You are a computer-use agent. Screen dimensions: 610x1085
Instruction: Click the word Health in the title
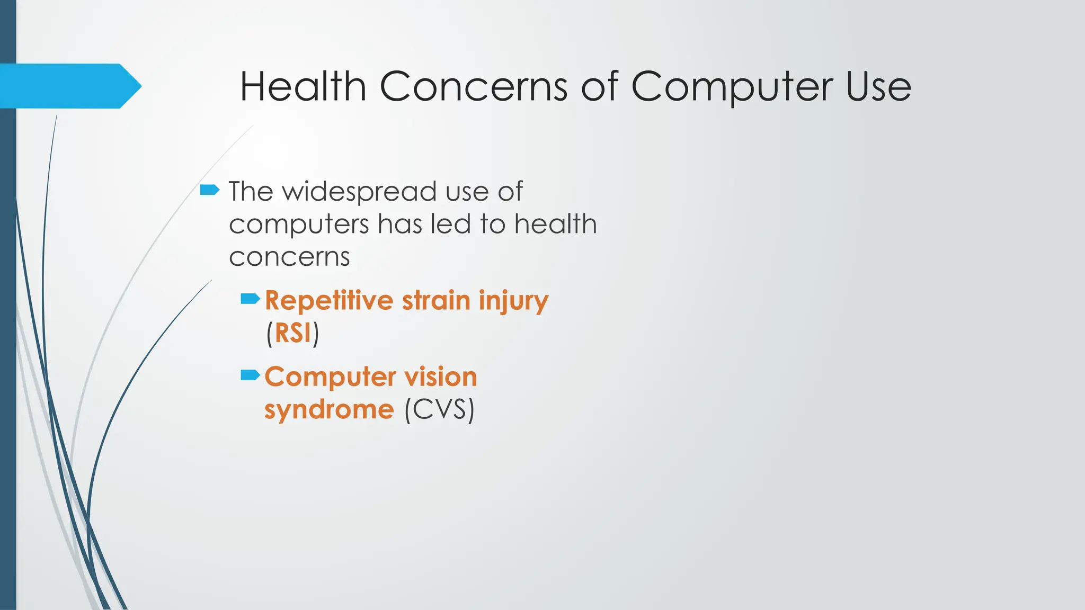tap(303, 86)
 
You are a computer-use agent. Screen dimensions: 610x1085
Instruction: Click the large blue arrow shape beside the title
tap(69, 86)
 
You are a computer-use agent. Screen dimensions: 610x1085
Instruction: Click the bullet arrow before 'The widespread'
tap(210, 190)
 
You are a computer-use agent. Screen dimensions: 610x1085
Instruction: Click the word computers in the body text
tap(298, 225)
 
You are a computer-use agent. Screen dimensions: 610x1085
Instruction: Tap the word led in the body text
tap(450, 223)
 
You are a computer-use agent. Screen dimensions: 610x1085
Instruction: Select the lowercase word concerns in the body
tap(289, 257)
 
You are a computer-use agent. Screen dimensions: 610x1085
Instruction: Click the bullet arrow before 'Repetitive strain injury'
tap(250, 299)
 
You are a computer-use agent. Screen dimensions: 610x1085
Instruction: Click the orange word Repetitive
tap(329, 301)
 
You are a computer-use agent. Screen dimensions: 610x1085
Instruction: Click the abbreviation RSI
tap(292, 334)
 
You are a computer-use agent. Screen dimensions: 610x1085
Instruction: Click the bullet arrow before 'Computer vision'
tap(250, 375)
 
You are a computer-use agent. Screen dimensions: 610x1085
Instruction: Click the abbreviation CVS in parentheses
tap(439, 410)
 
